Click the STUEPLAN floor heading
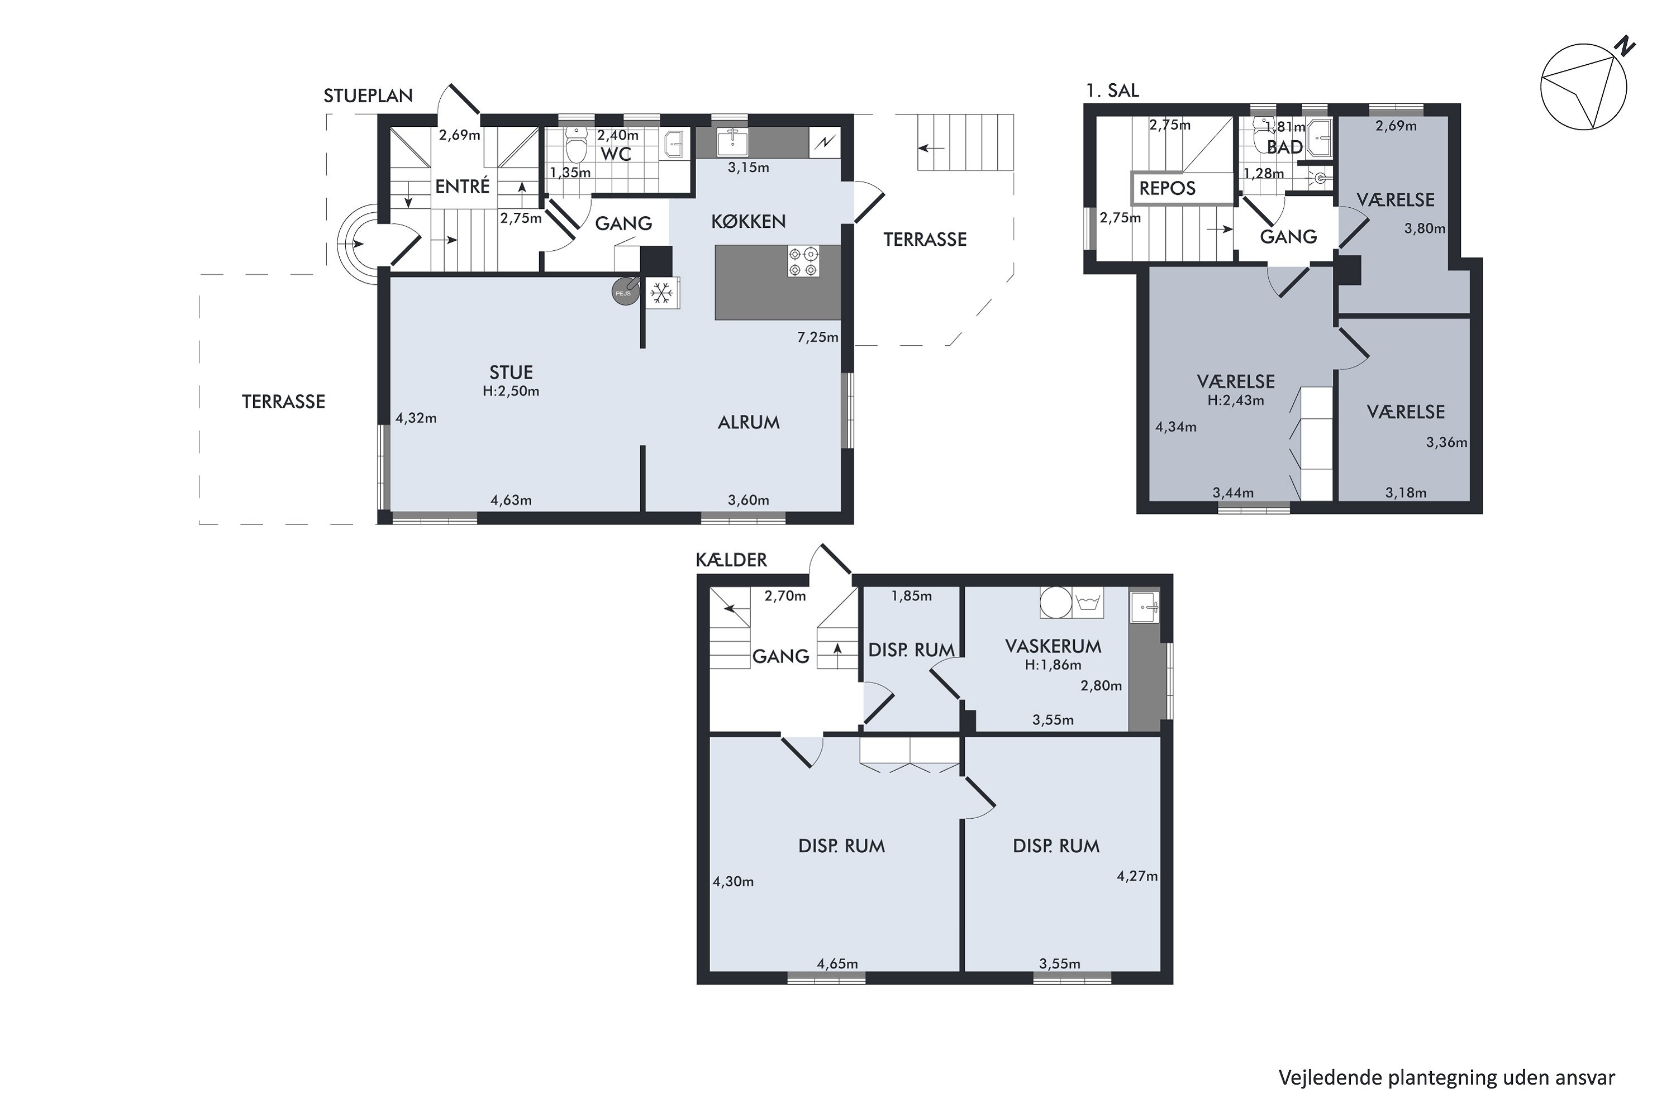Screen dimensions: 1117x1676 368,96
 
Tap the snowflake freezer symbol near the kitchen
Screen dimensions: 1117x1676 662,293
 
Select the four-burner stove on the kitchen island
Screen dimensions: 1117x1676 803,261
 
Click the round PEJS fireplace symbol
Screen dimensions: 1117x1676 624,292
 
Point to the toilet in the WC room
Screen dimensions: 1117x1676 575,146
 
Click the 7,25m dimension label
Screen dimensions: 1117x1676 817,337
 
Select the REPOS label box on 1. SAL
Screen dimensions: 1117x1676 1167,189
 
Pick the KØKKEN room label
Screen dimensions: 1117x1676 748,222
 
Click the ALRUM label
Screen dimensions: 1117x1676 748,422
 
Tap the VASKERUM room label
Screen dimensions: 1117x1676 1053,646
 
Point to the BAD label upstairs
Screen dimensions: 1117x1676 1284,147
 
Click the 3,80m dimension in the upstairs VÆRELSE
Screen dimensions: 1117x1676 1425,228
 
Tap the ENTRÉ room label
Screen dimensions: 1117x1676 463,187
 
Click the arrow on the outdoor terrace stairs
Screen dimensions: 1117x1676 931,148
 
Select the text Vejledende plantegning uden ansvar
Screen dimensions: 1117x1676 1446,1077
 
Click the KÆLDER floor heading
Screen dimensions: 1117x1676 731,560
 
